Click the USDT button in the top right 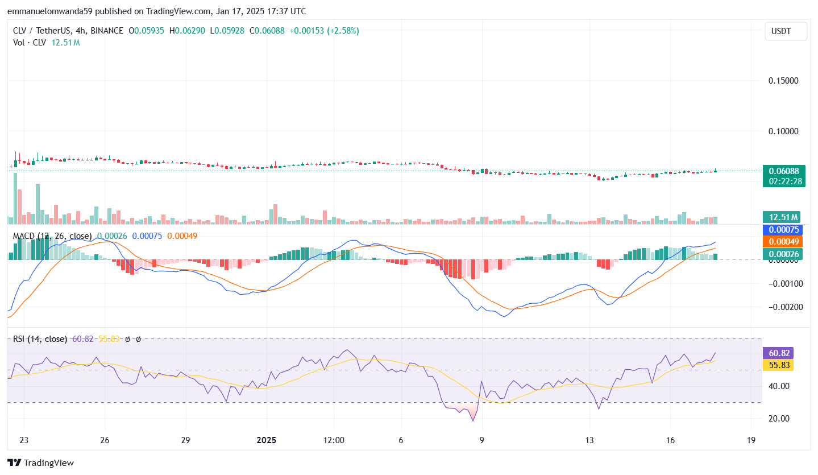pyautogui.click(x=786, y=31)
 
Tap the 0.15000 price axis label pyautogui.click(x=783, y=81)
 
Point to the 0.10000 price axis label pyautogui.click(x=783, y=131)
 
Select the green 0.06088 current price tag pyautogui.click(x=784, y=171)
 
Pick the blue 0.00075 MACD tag pyautogui.click(x=783, y=230)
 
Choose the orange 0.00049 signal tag pyautogui.click(x=783, y=241)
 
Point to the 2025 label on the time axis pyautogui.click(x=266, y=440)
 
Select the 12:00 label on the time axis pyautogui.click(x=334, y=440)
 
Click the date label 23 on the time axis pyautogui.click(x=24, y=440)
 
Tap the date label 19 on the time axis pyautogui.click(x=751, y=440)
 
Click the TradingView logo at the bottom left pyautogui.click(x=40, y=463)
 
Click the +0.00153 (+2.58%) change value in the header pyautogui.click(x=324, y=31)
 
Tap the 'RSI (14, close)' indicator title pyautogui.click(x=40, y=339)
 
